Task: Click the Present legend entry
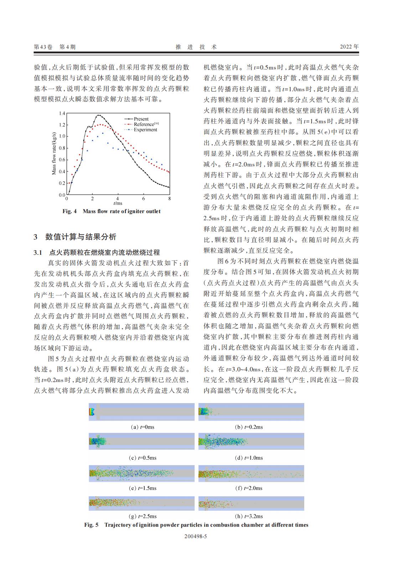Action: click(141, 119)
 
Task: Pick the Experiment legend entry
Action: click(145, 130)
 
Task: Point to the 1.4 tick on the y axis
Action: click(62, 113)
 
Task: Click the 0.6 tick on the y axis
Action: click(62, 160)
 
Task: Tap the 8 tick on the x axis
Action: click(170, 199)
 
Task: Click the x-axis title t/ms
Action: click(118, 203)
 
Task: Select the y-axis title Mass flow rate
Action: click(54, 154)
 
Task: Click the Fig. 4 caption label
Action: click(69, 211)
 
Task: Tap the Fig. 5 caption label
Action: click(91, 525)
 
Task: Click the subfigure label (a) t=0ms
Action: click(143, 427)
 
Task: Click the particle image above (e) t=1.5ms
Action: click(142, 474)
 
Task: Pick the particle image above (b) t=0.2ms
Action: click(251, 412)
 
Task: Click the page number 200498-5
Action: click(196, 536)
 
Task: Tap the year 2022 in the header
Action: click(349, 47)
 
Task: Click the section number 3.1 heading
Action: click(38, 253)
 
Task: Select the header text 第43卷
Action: click(43, 47)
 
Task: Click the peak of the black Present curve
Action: click(99, 115)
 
